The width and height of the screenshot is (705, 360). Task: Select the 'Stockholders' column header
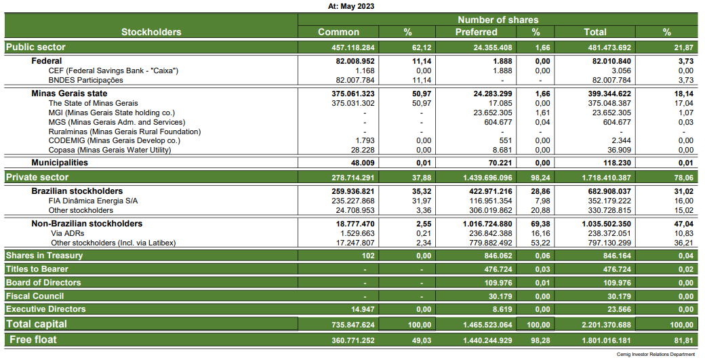point(151,32)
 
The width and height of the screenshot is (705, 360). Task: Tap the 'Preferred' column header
point(476,32)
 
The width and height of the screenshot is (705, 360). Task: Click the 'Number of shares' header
point(498,20)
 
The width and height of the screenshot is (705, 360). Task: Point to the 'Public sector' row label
point(35,47)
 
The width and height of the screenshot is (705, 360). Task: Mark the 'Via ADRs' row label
point(67,233)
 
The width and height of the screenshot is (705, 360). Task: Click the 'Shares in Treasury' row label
point(44,256)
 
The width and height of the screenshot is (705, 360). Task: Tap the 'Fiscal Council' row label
point(35,296)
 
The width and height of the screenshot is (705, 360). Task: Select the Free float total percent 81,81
point(681,340)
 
